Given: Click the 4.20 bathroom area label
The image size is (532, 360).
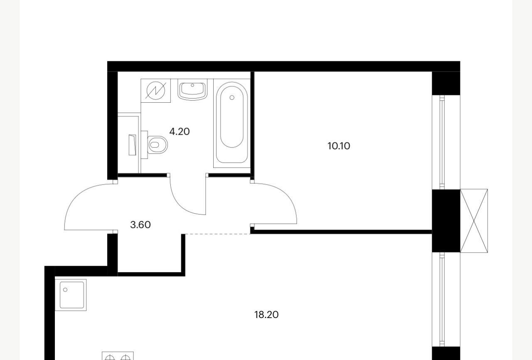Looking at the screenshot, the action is [x=179, y=131].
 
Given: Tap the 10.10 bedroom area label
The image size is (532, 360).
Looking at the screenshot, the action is [x=339, y=146].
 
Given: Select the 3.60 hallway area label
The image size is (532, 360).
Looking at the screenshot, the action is [x=140, y=224].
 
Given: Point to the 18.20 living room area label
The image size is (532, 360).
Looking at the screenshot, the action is [x=266, y=315].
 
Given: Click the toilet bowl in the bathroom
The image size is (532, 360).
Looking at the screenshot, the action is [x=157, y=145].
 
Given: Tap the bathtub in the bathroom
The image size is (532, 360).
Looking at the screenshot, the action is [x=232, y=123].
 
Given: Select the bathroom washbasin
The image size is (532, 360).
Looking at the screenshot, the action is [x=192, y=90].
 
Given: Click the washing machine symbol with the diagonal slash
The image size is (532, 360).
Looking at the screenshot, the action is [x=156, y=91].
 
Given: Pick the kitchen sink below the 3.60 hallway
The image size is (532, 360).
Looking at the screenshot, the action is [x=71, y=295].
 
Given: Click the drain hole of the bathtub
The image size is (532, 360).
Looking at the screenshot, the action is [x=232, y=98].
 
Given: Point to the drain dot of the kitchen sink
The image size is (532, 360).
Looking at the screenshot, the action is [x=65, y=290].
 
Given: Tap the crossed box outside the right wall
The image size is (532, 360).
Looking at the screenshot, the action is [x=474, y=221].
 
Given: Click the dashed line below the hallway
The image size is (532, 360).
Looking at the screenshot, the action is [x=217, y=234].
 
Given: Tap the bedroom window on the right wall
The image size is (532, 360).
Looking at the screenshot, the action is [x=442, y=142].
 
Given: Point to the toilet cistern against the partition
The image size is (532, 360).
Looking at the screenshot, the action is [x=144, y=145].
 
